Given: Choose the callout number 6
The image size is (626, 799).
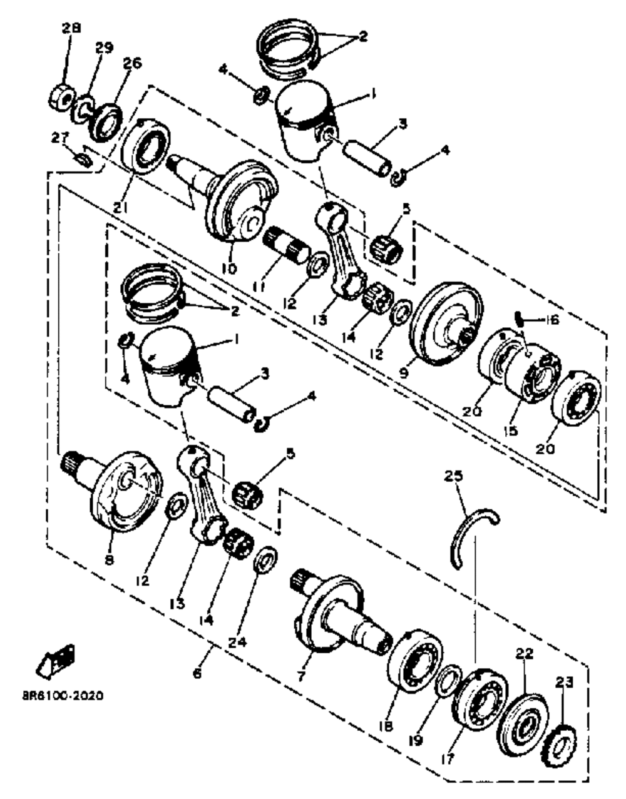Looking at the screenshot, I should point(197,673).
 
